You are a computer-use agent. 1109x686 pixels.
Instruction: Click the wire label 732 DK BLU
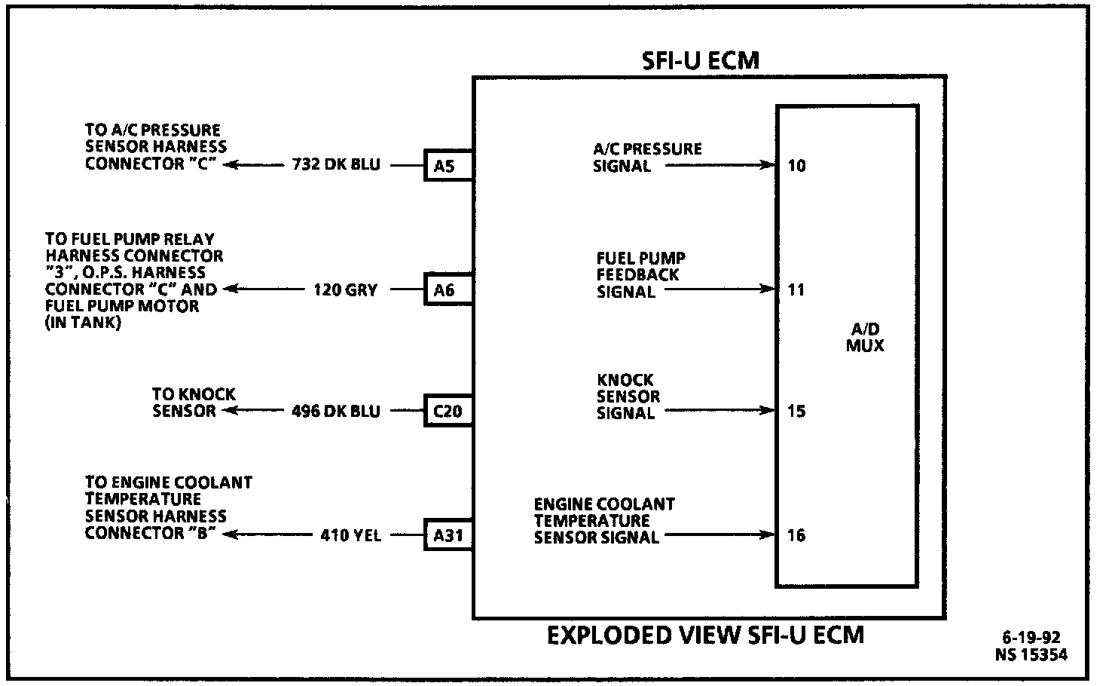tap(336, 165)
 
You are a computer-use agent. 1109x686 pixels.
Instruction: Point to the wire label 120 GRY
tap(345, 289)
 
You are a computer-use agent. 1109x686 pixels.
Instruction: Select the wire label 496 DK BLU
tap(336, 412)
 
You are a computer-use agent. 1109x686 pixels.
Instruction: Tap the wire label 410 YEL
tap(350, 536)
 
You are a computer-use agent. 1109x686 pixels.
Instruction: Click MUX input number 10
tap(796, 166)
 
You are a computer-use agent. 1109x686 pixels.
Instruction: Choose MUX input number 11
tap(796, 289)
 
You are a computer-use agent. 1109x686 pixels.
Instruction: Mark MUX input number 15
tap(796, 412)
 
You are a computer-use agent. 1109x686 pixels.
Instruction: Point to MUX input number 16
tap(796, 536)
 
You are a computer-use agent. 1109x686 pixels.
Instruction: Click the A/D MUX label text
tap(865, 338)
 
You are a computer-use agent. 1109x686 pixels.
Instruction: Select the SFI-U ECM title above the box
tap(700, 60)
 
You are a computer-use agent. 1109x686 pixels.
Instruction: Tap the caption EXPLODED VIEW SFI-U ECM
tap(704, 635)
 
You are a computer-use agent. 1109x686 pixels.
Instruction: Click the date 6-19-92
tap(1031, 639)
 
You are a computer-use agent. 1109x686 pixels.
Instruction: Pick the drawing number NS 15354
tap(1031, 655)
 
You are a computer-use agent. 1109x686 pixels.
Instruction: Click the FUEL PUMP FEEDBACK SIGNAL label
tap(640, 275)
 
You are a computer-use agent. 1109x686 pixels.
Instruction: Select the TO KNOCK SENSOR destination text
tap(194, 403)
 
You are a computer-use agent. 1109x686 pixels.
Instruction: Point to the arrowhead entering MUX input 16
tap(768, 536)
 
